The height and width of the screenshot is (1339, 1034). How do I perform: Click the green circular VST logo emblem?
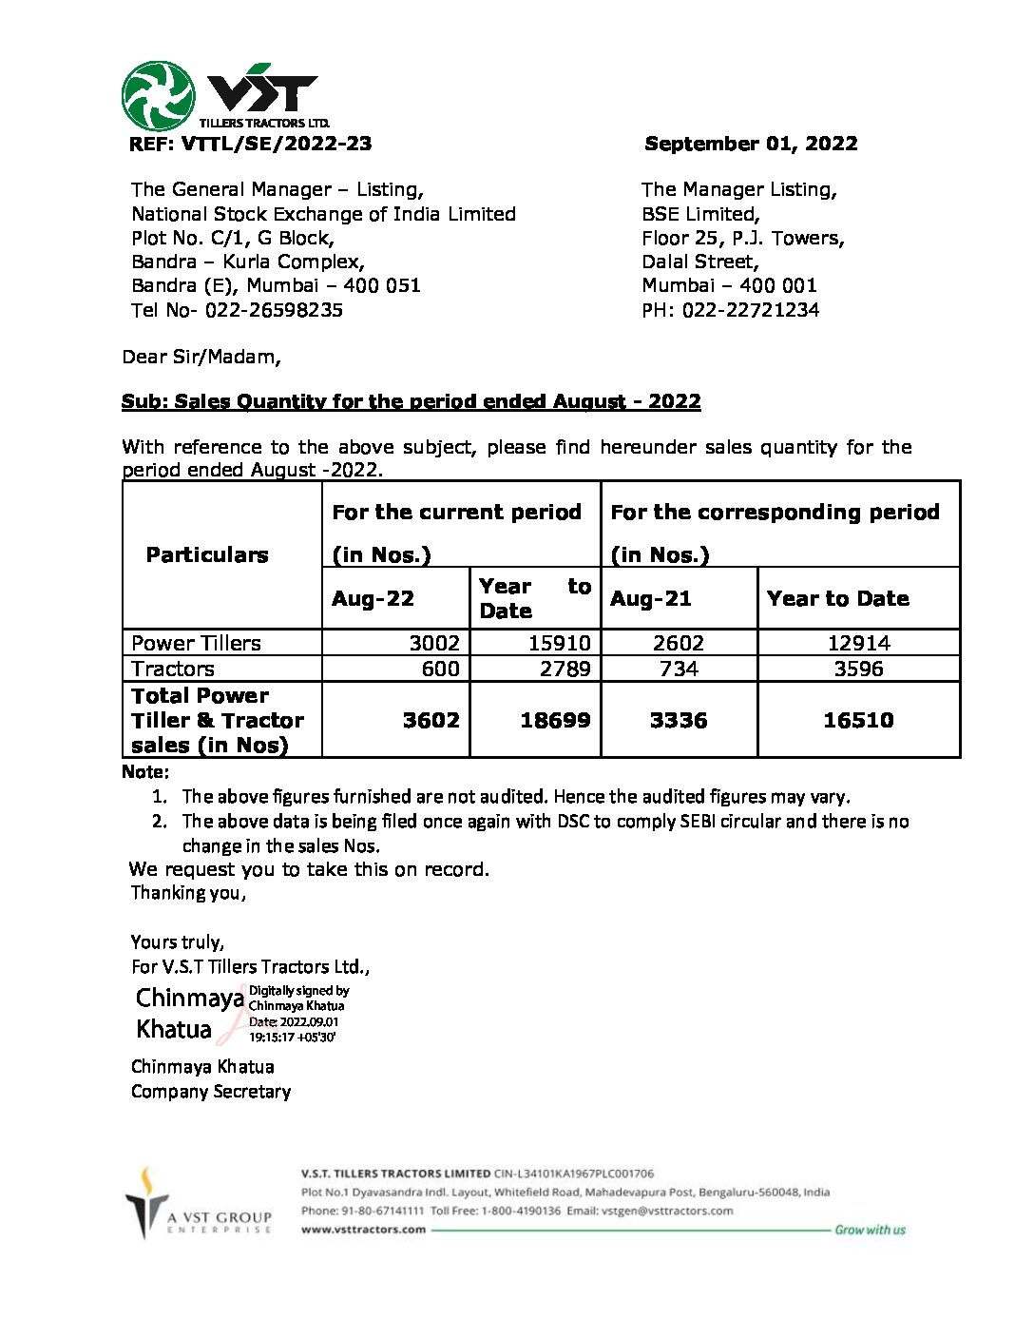point(158,96)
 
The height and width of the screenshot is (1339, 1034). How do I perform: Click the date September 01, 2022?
point(751,144)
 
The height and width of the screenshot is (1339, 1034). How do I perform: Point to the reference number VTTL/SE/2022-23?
point(276,144)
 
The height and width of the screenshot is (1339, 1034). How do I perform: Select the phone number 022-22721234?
point(750,310)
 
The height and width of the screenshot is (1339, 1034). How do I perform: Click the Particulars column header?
point(207,554)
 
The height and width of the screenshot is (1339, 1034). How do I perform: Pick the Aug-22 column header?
point(373,598)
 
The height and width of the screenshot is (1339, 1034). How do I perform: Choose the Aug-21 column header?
point(651,598)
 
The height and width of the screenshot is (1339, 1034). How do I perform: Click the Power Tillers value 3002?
point(434,643)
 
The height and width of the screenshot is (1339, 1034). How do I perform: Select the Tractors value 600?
point(441,669)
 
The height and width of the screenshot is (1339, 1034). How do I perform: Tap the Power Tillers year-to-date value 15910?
point(560,643)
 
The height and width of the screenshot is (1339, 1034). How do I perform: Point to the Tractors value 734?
point(679,669)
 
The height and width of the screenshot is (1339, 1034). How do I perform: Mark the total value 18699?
point(555,720)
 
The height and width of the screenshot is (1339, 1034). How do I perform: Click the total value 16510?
point(858,720)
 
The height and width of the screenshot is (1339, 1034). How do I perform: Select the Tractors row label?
point(173,669)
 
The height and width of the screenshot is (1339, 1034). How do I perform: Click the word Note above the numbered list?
point(145,771)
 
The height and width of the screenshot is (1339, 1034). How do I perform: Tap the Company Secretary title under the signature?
point(211,1091)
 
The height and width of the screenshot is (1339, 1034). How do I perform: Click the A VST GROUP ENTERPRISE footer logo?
point(199,1204)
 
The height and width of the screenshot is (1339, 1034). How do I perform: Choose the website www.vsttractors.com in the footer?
point(363,1230)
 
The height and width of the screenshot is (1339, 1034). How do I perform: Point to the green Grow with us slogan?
point(870,1230)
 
